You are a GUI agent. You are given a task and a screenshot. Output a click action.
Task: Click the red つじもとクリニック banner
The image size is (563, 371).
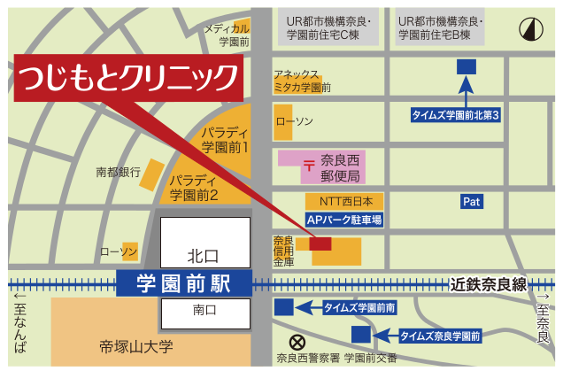(x=127, y=77)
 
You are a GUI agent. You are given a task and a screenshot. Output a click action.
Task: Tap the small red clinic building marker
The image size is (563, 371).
(x=320, y=243)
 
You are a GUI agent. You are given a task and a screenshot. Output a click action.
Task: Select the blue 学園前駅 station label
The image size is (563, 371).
(x=183, y=284)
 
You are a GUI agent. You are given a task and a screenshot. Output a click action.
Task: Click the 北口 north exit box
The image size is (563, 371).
(x=203, y=256)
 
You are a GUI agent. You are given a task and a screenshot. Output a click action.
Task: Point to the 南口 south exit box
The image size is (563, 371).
(x=204, y=311)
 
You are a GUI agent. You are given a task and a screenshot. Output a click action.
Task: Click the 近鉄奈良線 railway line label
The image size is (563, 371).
(x=488, y=284)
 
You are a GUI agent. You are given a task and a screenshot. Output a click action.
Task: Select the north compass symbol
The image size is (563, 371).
(x=531, y=27)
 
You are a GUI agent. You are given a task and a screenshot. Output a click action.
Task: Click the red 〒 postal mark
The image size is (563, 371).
(x=307, y=165)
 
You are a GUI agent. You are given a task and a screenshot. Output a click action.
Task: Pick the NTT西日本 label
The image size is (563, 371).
(x=345, y=201)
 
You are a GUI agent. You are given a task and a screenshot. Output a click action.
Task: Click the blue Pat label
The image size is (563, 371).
(x=472, y=202)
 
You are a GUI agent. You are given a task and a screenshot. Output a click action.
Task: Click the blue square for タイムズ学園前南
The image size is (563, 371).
(x=283, y=307)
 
